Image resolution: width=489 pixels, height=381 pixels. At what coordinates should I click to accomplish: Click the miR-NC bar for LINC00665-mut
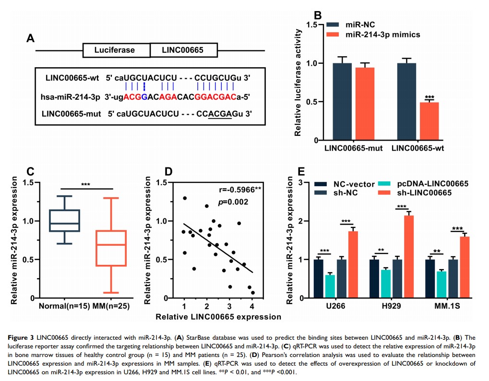[x=342, y=101]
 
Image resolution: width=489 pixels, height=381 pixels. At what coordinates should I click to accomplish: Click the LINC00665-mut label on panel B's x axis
[x=353, y=148]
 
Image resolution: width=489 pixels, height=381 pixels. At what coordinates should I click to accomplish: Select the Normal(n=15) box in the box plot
[x=64, y=221]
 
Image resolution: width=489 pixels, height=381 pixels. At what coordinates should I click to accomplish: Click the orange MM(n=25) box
[x=111, y=248]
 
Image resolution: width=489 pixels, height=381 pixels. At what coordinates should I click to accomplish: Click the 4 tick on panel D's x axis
[x=252, y=307]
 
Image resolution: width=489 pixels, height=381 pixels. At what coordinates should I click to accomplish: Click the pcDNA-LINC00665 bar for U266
[x=330, y=286]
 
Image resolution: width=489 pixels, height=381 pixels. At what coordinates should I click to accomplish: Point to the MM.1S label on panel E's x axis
[x=444, y=306]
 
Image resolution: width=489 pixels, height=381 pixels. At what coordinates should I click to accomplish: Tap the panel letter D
[x=168, y=172]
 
